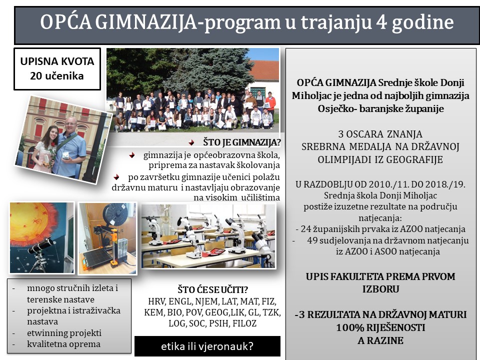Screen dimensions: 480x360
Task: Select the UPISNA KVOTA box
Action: tap(57, 69)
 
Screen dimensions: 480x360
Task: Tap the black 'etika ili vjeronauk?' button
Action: tap(207, 346)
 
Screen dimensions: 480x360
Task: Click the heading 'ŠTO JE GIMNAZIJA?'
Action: tap(242, 142)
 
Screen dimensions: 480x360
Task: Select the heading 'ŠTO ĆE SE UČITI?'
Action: tap(213, 289)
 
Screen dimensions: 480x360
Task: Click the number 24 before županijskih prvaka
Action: tap(306, 229)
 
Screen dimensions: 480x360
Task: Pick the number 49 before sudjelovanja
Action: tap(312, 240)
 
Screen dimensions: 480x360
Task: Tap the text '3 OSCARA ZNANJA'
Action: tap(380, 134)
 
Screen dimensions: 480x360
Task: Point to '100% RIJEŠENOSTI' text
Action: tap(380, 327)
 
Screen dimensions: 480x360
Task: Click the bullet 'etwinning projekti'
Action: tap(64, 333)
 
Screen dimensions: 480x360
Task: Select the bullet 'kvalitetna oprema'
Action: tap(63, 344)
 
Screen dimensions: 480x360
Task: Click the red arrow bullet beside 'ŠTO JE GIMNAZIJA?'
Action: tap(191, 142)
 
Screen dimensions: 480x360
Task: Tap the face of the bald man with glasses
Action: tap(71, 125)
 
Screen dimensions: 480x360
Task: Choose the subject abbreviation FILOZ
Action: tap(244, 323)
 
